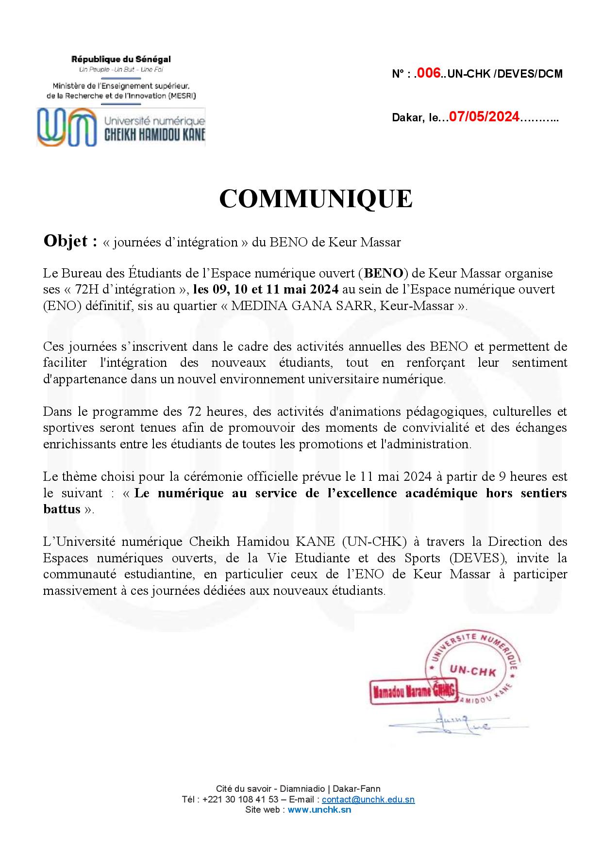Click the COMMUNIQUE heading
[316, 198]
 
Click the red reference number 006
[429, 73]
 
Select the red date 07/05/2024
[484, 117]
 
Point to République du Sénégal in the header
[121, 59]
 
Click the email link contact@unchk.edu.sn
[368, 800]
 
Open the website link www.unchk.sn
[319, 809]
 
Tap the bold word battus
[61, 509]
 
